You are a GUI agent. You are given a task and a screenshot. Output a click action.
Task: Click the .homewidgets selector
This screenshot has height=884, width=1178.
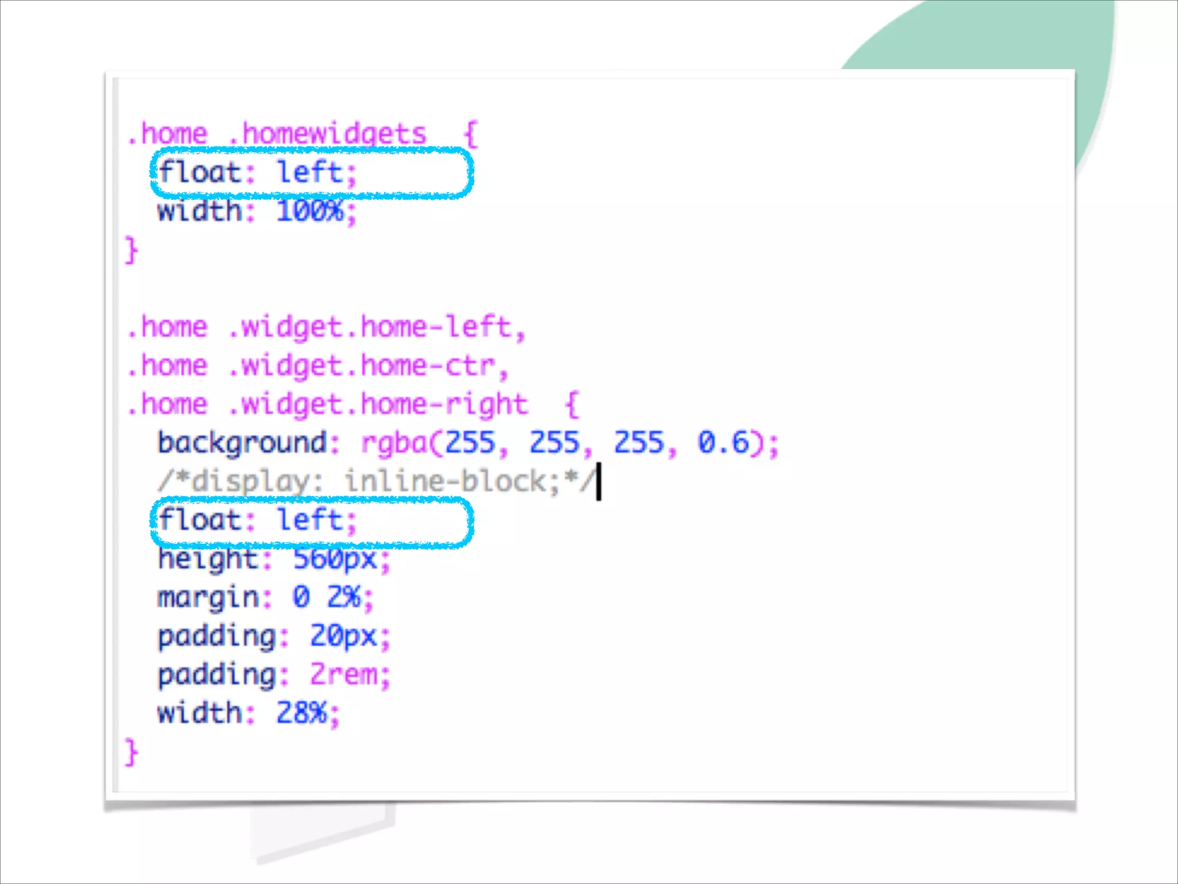tap(327, 135)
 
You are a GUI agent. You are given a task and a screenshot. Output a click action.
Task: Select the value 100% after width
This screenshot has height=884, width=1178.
tap(309, 211)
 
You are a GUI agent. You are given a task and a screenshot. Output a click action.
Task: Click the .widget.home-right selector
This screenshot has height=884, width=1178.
tap(378, 405)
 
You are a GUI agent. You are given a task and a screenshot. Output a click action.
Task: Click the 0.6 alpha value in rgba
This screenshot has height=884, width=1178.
tap(724, 443)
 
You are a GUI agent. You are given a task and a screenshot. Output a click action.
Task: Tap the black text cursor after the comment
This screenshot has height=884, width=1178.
tap(599, 482)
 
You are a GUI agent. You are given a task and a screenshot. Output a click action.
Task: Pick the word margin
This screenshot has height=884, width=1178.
tap(208, 597)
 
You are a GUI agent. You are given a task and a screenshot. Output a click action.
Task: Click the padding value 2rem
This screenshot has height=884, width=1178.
tap(343, 675)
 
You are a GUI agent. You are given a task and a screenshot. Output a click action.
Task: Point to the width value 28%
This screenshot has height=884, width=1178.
tap(301, 713)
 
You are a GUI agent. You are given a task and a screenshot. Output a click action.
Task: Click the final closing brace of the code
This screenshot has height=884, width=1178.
tap(132, 752)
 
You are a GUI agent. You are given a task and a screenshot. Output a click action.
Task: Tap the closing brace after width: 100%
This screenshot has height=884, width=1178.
tap(132, 250)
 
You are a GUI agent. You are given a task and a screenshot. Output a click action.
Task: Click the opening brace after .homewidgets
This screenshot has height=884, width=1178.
tap(471, 135)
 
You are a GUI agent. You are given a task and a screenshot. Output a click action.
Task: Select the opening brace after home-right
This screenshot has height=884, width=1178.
tap(572, 405)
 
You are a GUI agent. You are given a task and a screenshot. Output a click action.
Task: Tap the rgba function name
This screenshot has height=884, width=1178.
tap(395, 443)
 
